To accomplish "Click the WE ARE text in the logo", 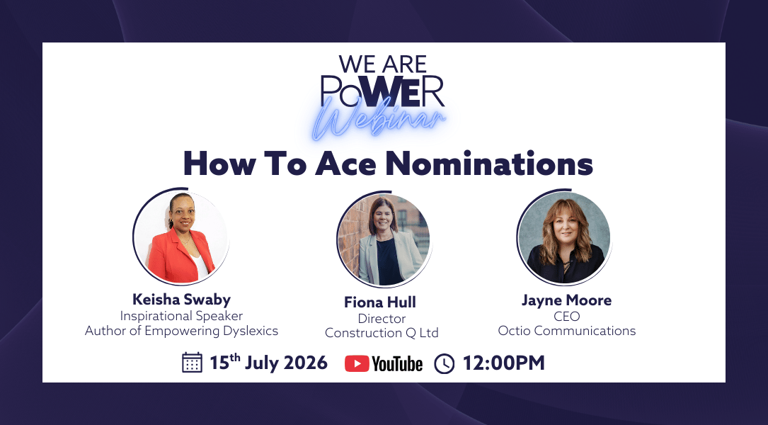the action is [x=383, y=64].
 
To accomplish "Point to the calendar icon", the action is [x=192, y=363].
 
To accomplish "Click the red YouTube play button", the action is [x=357, y=363].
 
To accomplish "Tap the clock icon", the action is [x=445, y=363].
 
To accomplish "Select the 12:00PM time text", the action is [x=503, y=363].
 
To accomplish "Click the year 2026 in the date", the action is [x=306, y=363].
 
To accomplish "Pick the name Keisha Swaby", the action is [x=181, y=300].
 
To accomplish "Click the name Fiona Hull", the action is [x=380, y=302].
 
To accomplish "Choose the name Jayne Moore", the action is [x=567, y=300].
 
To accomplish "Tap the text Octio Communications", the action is [x=567, y=331].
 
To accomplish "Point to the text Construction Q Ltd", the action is [x=382, y=333].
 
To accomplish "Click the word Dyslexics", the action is [x=251, y=331].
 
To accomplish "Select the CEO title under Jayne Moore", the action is [x=567, y=316].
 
